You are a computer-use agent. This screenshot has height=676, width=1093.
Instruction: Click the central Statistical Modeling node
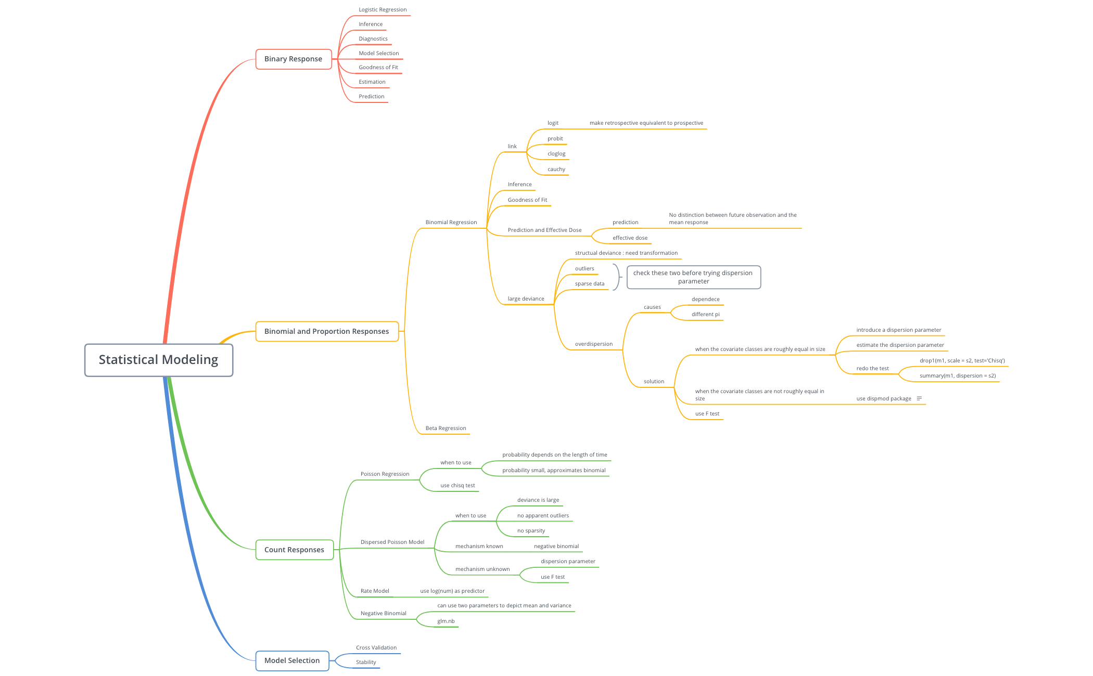tap(159, 360)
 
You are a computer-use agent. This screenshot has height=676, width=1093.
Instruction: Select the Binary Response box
tap(294, 59)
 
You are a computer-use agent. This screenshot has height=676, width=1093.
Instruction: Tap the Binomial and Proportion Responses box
tap(327, 331)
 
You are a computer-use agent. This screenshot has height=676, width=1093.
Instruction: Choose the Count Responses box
tap(294, 550)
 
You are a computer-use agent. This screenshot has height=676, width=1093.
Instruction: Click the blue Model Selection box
tap(292, 660)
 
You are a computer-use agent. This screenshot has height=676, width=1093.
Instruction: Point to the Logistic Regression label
tap(383, 10)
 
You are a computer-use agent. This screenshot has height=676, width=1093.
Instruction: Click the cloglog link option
tap(556, 154)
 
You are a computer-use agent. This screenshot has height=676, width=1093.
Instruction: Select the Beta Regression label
tap(446, 428)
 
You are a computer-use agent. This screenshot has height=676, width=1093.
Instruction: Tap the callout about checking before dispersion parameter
tap(693, 277)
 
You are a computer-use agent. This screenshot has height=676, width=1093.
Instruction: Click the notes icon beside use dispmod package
tap(919, 398)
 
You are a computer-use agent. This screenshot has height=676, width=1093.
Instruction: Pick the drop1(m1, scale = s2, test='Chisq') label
tap(962, 361)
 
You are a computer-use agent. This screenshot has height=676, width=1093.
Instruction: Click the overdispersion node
tap(594, 344)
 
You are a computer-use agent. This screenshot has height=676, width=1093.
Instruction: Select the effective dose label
tap(630, 238)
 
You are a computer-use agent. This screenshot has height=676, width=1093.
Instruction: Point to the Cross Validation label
tap(376, 648)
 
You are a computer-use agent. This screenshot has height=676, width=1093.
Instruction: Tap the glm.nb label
tap(446, 621)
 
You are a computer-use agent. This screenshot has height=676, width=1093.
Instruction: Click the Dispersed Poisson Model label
tap(392, 542)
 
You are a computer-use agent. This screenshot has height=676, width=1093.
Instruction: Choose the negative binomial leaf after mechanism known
tap(556, 547)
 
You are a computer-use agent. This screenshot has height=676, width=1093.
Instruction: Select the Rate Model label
tap(375, 591)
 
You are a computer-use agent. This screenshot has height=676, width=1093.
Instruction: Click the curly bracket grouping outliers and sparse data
tap(617, 277)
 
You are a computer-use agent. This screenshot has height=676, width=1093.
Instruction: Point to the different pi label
tap(705, 315)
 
